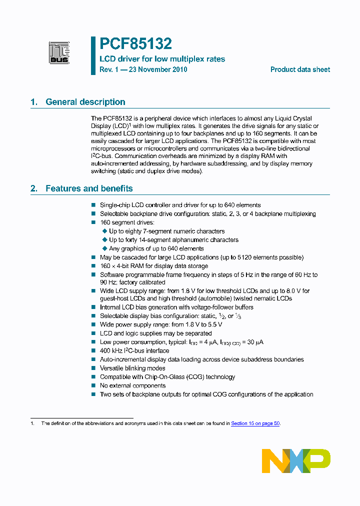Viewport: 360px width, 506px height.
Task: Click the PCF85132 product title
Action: [x=135, y=44]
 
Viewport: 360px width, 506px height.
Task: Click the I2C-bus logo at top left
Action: [x=59, y=52]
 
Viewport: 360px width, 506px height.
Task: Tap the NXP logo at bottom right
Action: [x=296, y=460]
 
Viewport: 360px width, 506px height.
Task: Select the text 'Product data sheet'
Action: [x=300, y=69]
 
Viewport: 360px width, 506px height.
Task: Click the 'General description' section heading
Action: [x=85, y=102]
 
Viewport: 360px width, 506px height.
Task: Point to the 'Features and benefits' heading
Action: [x=89, y=188]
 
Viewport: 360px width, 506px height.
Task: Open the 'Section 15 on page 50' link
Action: [x=255, y=423]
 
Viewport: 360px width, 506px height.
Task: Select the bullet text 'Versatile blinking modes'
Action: [x=132, y=368]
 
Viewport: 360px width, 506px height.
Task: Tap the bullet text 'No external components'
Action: [x=132, y=385]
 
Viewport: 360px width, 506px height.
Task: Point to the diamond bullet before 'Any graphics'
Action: [x=104, y=248]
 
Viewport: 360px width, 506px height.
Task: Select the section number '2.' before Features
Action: [x=34, y=188]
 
